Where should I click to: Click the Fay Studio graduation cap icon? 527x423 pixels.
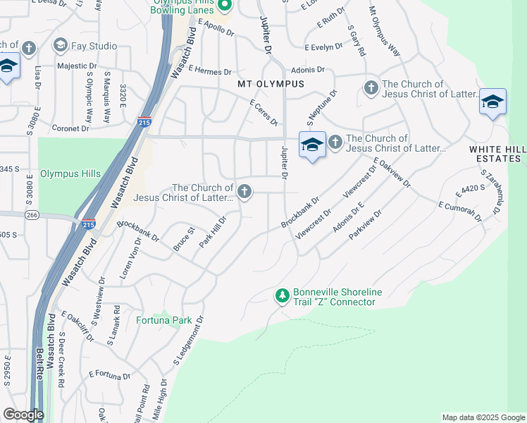pyautogui.click(x=60, y=46)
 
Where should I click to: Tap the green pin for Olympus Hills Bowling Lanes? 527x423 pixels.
pyautogui.click(x=225, y=6)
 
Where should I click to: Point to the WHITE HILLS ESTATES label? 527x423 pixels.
pyautogui.click(x=497, y=154)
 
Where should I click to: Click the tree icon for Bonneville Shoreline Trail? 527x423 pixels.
pyautogui.click(x=282, y=296)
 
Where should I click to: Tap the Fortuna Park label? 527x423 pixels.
pyautogui.click(x=163, y=320)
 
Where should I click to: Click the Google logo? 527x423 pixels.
pyautogui.click(x=23, y=415)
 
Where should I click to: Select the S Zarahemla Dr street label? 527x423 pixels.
pyautogui.click(x=493, y=195)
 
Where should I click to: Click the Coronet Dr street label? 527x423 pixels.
pyautogui.click(x=70, y=128)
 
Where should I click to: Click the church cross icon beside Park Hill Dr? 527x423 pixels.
pyautogui.click(x=244, y=192)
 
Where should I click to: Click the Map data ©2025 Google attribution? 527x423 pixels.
pyautogui.click(x=483, y=417)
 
